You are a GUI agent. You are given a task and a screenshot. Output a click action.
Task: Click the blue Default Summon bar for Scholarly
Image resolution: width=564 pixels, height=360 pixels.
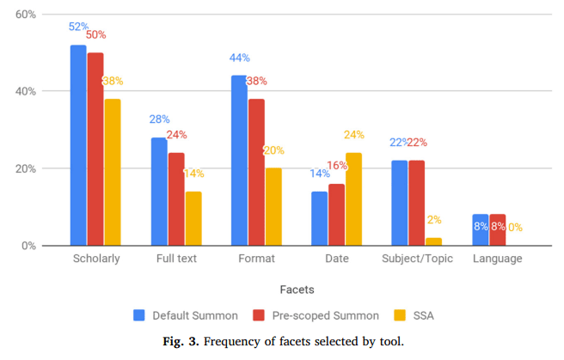78,145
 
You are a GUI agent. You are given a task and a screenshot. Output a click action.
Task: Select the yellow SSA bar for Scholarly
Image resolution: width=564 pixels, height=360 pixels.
112,172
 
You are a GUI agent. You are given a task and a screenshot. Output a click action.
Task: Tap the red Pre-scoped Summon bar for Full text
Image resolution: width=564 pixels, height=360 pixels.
175,198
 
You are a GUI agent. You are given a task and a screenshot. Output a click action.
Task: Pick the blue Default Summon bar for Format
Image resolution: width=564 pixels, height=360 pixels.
239,160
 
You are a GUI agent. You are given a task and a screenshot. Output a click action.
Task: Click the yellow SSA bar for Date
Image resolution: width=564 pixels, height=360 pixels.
352,198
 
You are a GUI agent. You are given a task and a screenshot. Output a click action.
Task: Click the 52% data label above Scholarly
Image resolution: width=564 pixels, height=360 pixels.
79,27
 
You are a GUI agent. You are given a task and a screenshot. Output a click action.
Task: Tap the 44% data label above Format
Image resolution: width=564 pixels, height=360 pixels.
239,58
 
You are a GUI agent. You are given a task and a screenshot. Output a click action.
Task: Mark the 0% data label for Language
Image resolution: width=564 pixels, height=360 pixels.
514,228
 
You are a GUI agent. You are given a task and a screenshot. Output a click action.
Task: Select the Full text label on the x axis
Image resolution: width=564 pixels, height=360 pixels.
175,258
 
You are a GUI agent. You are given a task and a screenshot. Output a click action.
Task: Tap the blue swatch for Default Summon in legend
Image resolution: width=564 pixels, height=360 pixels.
139,315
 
